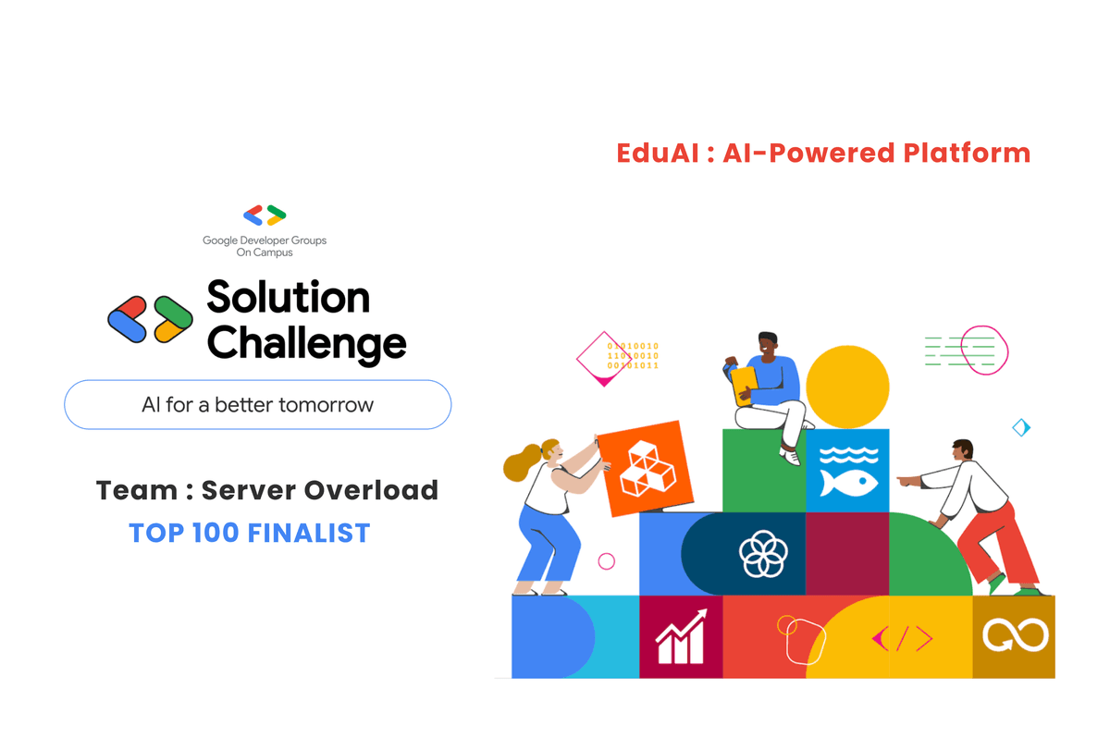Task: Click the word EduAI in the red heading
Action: pyautogui.click(x=658, y=153)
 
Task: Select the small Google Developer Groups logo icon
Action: pyautogui.click(x=265, y=215)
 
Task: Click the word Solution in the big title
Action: pyautogui.click(x=288, y=297)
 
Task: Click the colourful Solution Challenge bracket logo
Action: pyautogui.click(x=150, y=319)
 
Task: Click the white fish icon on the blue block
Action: pyautogui.click(x=847, y=471)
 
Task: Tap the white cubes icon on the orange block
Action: pyautogui.click(x=647, y=468)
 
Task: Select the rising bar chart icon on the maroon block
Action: pyautogui.click(x=680, y=637)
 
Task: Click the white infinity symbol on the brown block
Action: pyautogui.click(x=1014, y=636)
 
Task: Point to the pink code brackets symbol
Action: pyautogui.click(x=902, y=638)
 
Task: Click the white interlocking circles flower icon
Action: pyautogui.click(x=763, y=554)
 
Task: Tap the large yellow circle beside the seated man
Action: pyautogui.click(x=847, y=387)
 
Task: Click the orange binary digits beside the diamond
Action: pyautogui.click(x=633, y=356)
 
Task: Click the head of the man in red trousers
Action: pyautogui.click(x=962, y=452)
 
